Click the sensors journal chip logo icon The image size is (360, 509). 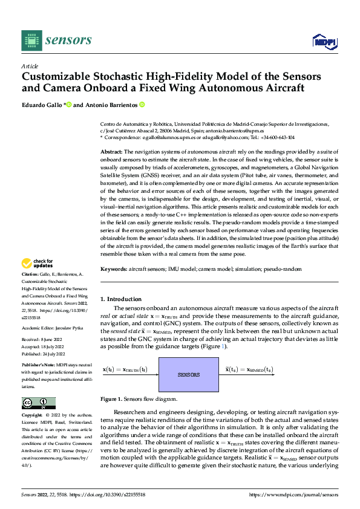(x=31, y=40)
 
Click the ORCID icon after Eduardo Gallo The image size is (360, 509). (x=69, y=105)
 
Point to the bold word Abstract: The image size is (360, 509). (x=111, y=152)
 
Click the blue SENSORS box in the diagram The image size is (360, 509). (x=189, y=375)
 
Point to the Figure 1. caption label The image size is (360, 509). (x=112, y=400)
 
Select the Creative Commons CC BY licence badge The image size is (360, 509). (x=38, y=403)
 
